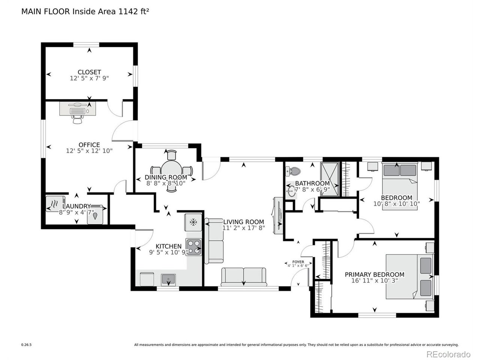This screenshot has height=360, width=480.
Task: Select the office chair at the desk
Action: [x=77, y=119]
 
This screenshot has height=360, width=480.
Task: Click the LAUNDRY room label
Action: [x=76, y=206]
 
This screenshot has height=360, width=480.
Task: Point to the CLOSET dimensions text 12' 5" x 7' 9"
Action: [x=89, y=78]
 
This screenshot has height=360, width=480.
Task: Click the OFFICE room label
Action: [x=89, y=145]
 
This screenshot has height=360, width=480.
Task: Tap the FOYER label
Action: [x=298, y=262]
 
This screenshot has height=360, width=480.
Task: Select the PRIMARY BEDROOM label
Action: [x=374, y=274]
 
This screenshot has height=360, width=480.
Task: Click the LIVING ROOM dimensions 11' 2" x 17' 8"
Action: [x=243, y=228]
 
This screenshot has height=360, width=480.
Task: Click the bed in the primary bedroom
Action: [x=410, y=276]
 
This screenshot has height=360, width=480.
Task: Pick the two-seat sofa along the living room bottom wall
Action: [x=244, y=277]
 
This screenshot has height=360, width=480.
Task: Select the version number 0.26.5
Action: [x=27, y=345]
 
